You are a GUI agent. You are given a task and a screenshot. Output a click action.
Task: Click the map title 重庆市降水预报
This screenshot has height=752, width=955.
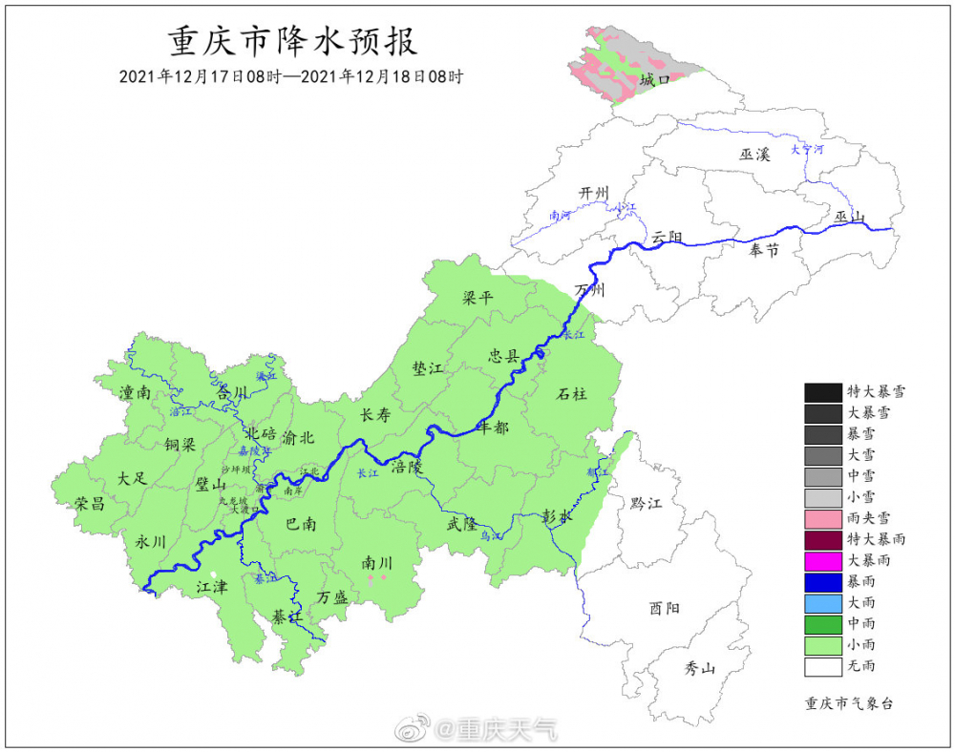click(292, 42)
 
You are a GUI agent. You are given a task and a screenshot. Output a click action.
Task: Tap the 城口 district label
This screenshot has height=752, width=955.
click(654, 80)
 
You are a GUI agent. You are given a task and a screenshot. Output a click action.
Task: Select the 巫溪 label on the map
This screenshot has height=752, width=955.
click(753, 154)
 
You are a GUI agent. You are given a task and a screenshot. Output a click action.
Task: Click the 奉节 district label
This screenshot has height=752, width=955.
click(763, 250)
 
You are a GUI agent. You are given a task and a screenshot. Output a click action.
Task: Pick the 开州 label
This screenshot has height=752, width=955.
click(594, 194)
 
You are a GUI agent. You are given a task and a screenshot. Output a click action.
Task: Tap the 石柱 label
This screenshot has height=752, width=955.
click(572, 393)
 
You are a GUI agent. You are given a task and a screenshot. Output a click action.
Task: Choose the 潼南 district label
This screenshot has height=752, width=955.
click(136, 392)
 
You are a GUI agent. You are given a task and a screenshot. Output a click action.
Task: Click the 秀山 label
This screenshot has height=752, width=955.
click(699, 668)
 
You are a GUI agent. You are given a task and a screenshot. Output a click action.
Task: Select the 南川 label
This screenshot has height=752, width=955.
click(376, 562)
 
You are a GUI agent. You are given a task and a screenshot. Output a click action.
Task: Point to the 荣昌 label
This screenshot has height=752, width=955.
click(90, 504)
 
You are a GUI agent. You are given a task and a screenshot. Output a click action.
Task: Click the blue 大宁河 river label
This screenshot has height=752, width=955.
click(806, 150)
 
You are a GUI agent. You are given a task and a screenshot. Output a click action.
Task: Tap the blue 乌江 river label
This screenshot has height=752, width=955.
click(492, 537)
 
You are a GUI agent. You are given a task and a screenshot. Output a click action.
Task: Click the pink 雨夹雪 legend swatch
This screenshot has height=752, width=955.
click(821, 518)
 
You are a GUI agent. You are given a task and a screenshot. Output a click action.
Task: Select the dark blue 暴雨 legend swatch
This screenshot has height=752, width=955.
click(821, 581)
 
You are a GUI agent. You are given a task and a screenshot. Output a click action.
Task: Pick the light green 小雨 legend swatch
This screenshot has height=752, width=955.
click(821, 644)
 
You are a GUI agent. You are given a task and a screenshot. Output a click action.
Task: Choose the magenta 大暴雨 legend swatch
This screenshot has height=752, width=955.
click(821, 560)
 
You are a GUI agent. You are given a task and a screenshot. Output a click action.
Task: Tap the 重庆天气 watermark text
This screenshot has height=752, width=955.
click(507, 730)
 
